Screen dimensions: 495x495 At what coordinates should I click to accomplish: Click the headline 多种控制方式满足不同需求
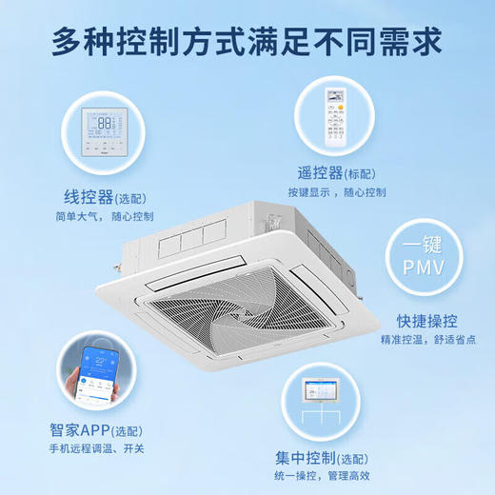[x=247, y=43]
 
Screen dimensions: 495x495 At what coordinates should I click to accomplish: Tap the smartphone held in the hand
[x=95, y=373]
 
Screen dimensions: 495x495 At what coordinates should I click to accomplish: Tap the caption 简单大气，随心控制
[x=102, y=217]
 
